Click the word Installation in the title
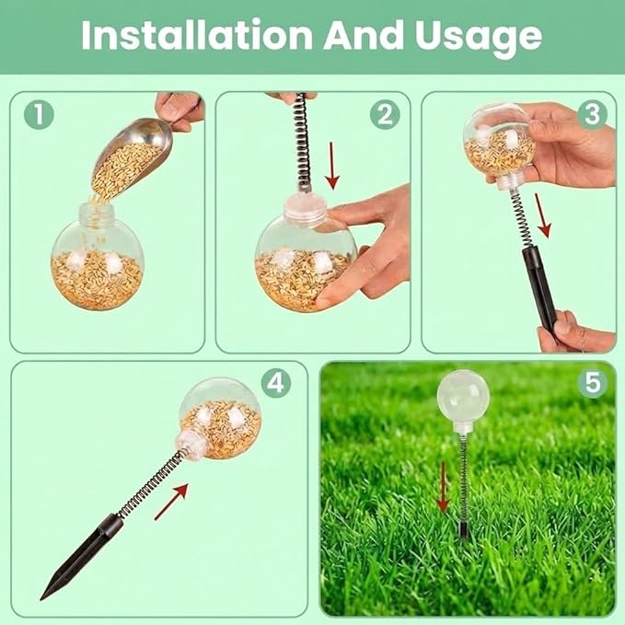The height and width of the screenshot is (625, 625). (197, 35)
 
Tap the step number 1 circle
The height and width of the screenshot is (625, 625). (39, 114)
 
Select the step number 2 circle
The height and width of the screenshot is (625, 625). (385, 114)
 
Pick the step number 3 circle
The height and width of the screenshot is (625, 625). (592, 114)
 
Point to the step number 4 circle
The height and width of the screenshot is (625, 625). (276, 383)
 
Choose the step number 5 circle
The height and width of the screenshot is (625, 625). (592, 383)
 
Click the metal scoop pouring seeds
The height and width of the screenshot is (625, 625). (132, 156)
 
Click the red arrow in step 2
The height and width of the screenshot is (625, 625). (332, 166)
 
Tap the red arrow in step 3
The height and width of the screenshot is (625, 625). (543, 215)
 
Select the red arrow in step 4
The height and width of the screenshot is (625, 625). (171, 502)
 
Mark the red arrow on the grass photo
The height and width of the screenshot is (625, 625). (443, 486)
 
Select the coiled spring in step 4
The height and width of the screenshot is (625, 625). (153, 482)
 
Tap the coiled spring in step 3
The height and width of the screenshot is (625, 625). (519, 219)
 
